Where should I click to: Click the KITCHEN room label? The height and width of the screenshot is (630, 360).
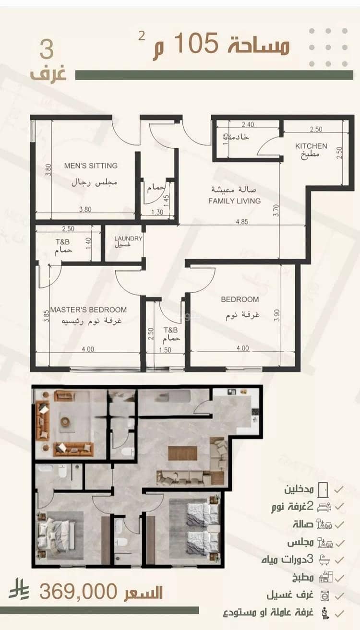[x=311, y=146]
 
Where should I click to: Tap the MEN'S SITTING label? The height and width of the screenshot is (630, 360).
[x=91, y=166]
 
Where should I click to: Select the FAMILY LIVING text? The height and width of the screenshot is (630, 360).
[x=234, y=201]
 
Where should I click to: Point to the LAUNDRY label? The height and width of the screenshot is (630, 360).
[x=128, y=238]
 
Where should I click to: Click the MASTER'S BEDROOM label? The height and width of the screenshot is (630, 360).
[x=88, y=309]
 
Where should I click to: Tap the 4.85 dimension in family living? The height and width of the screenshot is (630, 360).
[x=242, y=222]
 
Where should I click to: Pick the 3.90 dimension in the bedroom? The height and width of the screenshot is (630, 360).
[x=277, y=316]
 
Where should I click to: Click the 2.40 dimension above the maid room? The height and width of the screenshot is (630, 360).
[x=248, y=124]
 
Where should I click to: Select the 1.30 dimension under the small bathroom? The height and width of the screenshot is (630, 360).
[x=157, y=212]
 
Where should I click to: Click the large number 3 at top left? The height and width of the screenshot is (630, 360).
[x=47, y=49]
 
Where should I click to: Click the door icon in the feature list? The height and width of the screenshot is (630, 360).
[x=323, y=490]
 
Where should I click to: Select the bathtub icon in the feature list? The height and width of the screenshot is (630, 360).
[x=324, y=560]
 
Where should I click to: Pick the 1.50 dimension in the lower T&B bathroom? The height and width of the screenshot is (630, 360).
[x=165, y=350]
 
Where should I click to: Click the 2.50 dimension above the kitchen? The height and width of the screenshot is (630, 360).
[x=316, y=130]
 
